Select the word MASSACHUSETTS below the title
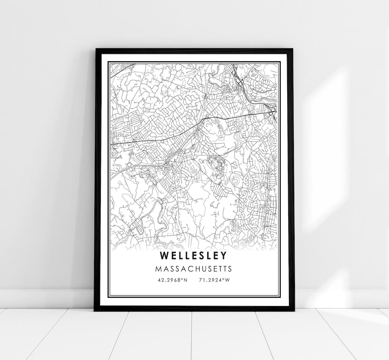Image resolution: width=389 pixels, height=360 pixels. [194, 269]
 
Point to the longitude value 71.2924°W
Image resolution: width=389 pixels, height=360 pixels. [214, 280]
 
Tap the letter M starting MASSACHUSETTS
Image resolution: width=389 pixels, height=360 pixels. [158, 269]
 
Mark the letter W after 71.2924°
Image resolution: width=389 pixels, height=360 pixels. [227, 280]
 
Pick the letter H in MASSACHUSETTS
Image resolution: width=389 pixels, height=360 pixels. [194, 269]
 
